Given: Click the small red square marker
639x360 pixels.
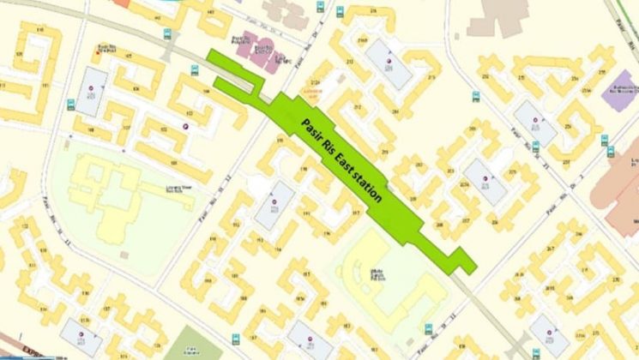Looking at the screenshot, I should tap(119, 3).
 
